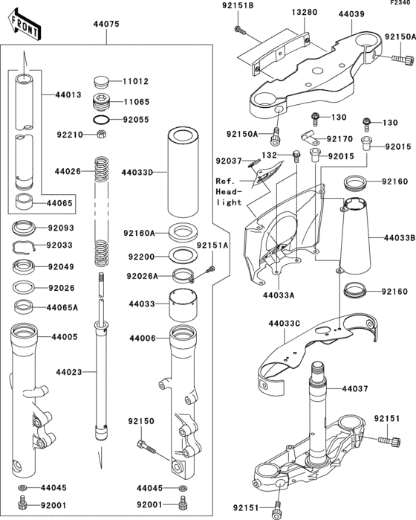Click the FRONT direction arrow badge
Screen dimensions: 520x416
pyautogui.click(x=23, y=25)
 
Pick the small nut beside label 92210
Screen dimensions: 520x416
pyautogui.click(x=101, y=135)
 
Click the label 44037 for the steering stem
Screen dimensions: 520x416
pyautogui.click(x=356, y=389)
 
